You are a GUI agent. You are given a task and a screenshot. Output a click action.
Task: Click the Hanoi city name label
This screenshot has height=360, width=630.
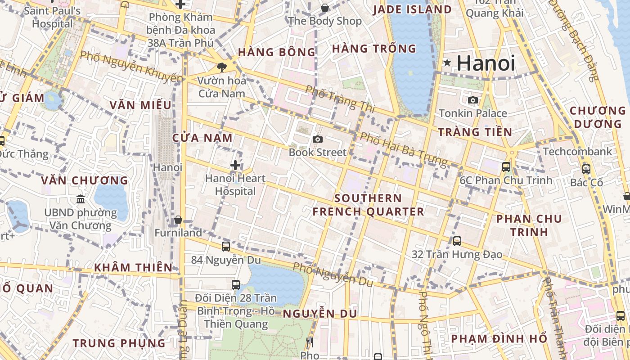point(486,63)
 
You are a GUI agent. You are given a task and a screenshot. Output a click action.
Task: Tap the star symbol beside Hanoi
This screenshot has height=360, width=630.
point(447,63)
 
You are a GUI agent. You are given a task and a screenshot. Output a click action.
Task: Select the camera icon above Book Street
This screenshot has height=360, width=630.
point(318,139)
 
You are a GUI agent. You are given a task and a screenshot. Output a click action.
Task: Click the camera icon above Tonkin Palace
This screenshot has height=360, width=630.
point(473,100)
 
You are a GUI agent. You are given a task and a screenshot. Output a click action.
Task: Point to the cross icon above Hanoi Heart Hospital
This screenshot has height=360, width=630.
point(235,165)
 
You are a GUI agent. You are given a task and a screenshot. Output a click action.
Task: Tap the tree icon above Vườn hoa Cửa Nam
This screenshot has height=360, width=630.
point(221,67)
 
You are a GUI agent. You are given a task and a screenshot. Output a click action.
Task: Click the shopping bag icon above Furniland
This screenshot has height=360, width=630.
point(178,220)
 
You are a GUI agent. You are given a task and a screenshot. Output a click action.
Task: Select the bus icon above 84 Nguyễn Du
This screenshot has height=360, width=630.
point(226,247)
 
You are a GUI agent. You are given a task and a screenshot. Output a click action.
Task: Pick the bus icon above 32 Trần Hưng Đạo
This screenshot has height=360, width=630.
point(457,241)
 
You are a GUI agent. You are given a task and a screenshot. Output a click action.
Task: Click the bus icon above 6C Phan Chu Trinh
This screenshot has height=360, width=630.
point(506,167)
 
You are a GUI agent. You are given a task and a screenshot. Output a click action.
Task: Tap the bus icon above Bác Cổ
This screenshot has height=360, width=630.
point(586,169)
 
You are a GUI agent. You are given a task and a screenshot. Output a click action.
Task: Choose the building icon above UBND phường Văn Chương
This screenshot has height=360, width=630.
point(81,199)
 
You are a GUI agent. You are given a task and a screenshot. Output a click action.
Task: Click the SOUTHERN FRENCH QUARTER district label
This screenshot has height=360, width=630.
point(368,205)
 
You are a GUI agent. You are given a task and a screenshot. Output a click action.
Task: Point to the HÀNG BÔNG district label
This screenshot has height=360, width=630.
point(277,52)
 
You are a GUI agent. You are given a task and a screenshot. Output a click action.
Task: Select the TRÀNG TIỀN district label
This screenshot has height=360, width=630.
point(475,132)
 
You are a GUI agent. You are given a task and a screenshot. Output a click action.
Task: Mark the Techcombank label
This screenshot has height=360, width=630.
point(577,151)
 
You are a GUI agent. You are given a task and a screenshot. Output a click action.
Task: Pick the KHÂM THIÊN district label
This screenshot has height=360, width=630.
point(133,267)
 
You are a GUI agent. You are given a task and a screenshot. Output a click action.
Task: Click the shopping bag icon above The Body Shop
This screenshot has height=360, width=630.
point(325,8)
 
